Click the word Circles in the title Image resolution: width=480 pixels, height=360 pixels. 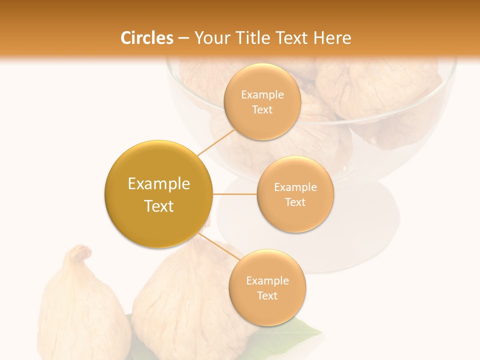(147, 38)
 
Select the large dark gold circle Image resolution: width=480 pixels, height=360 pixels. (158, 194)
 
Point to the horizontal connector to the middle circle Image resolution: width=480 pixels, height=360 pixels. (234, 194)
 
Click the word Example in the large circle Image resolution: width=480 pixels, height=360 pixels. (158, 184)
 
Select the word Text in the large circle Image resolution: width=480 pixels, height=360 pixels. (158, 206)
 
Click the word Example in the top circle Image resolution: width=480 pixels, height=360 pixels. (262, 95)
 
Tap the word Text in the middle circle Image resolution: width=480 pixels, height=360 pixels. (295, 202)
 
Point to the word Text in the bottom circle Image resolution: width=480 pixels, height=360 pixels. (267, 295)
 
